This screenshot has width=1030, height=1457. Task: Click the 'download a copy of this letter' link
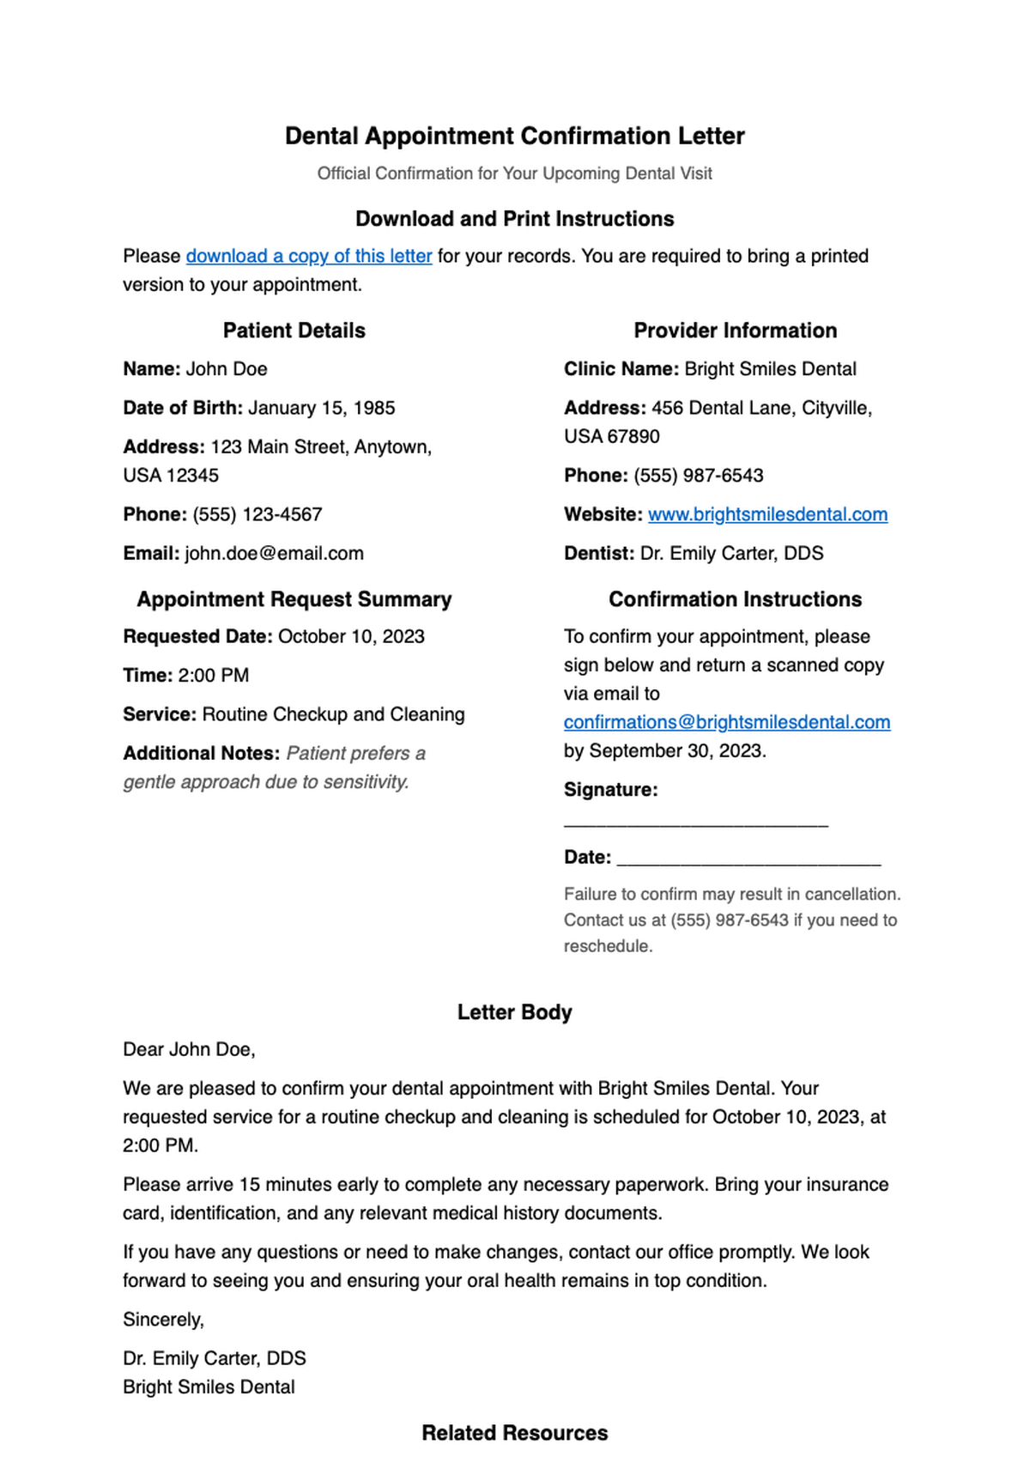tap(309, 256)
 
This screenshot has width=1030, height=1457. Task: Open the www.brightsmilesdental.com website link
tap(767, 514)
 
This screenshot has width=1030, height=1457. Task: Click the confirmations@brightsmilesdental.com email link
tap(726, 722)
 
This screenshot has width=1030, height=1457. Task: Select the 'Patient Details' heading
tap(294, 331)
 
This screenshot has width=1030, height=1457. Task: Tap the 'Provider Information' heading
tap(735, 331)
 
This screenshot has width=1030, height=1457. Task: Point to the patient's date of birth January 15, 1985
tap(321, 408)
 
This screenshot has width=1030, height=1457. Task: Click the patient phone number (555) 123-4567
tap(257, 514)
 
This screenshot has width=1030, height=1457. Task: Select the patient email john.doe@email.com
tap(274, 553)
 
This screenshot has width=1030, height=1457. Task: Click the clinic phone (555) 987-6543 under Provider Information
tap(698, 476)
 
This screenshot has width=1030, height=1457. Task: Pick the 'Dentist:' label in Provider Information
tap(598, 553)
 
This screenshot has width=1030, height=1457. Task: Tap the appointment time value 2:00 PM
tap(213, 676)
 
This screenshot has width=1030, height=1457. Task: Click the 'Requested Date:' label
tap(197, 636)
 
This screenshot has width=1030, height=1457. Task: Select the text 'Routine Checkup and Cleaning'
tap(333, 714)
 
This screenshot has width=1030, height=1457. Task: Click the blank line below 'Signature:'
tap(695, 823)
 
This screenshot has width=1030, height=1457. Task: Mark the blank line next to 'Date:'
tap(748, 859)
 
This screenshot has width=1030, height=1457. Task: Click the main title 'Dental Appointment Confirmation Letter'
tap(514, 136)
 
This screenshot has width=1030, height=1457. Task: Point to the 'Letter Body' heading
tap(514, 1012)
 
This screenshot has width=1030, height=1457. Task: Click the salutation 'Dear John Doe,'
tap(189, 1049)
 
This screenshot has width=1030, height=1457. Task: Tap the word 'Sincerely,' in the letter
tap(163, 1320)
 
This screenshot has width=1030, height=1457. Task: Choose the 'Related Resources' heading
tap(514, 1433)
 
